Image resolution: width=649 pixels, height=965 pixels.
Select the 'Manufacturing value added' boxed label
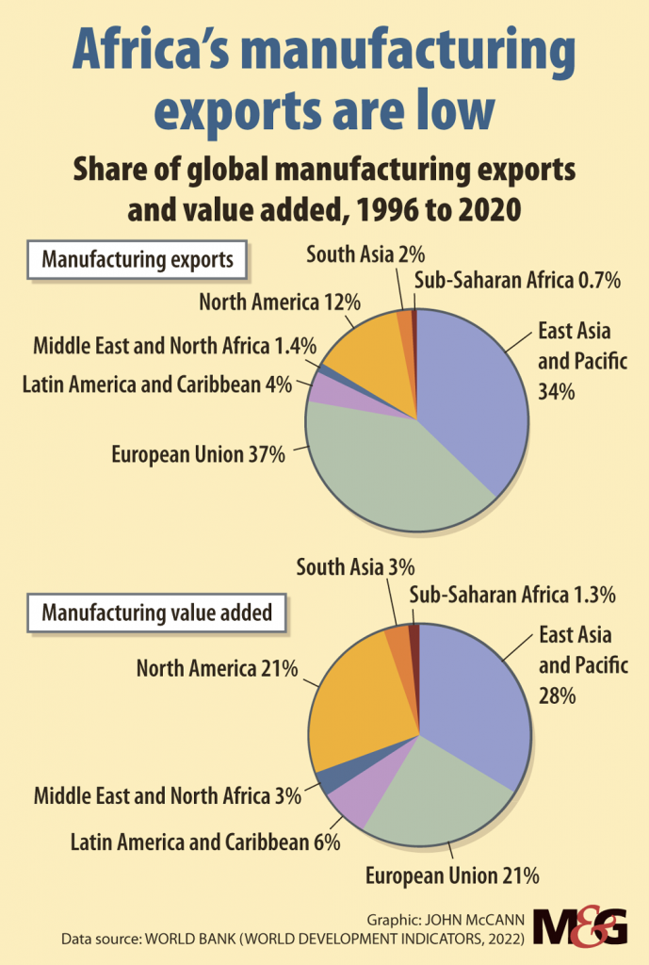[x=156, y=613]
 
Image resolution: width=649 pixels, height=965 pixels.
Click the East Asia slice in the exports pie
[x=471, y=396]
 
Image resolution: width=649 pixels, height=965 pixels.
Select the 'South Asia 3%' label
[x=355, y=567]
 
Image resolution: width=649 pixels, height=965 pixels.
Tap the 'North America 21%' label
[x=217, y=669]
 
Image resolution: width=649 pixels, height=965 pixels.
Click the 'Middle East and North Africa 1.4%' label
[x=174, y=345]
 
